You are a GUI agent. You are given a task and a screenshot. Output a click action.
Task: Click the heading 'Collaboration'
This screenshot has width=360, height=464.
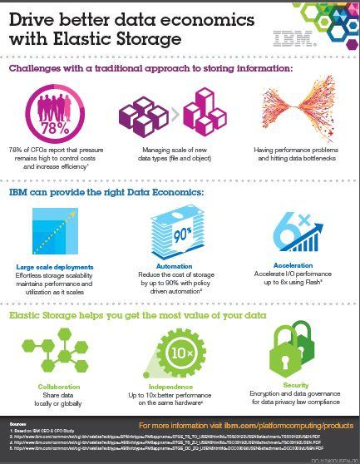click(x=60, y=387)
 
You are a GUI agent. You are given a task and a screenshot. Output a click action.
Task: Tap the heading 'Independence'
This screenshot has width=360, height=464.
click(x=180, y=387)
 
